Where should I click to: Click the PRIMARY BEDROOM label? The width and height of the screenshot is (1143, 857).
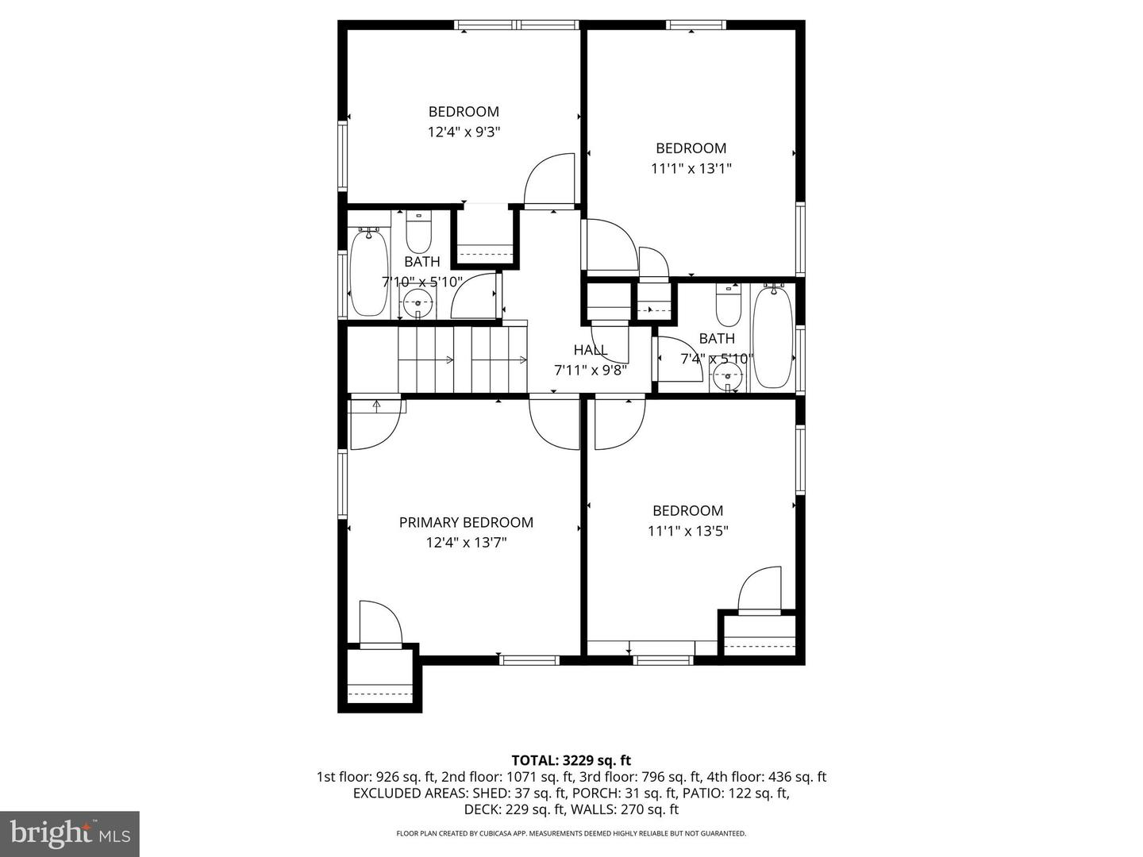[x=466, y=522]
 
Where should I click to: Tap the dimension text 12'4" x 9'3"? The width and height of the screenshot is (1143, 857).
[x=464, y=132]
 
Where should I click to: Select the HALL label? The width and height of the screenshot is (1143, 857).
[x=591, y=350]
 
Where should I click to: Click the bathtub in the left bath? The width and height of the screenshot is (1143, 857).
[x=368, y=271]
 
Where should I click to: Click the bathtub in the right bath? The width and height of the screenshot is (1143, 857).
[x=772, y=337]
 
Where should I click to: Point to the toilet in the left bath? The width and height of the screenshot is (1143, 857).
[x=418, y=232]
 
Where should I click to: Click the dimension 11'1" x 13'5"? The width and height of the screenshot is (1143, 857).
[x=688, y=531]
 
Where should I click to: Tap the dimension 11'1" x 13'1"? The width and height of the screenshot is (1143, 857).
[x=691, y=168]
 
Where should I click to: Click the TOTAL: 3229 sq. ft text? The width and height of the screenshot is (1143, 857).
[x=571, y=760]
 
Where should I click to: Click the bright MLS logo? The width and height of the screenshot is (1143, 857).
[x=70, y=833]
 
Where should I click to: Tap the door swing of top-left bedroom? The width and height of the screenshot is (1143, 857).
[x=550, y=180]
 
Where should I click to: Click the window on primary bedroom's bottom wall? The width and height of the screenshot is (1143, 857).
[x=529, y=659]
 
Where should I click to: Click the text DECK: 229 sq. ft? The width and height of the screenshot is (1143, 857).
[x=513, y=809]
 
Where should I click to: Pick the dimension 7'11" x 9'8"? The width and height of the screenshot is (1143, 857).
[x=591, y=370]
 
